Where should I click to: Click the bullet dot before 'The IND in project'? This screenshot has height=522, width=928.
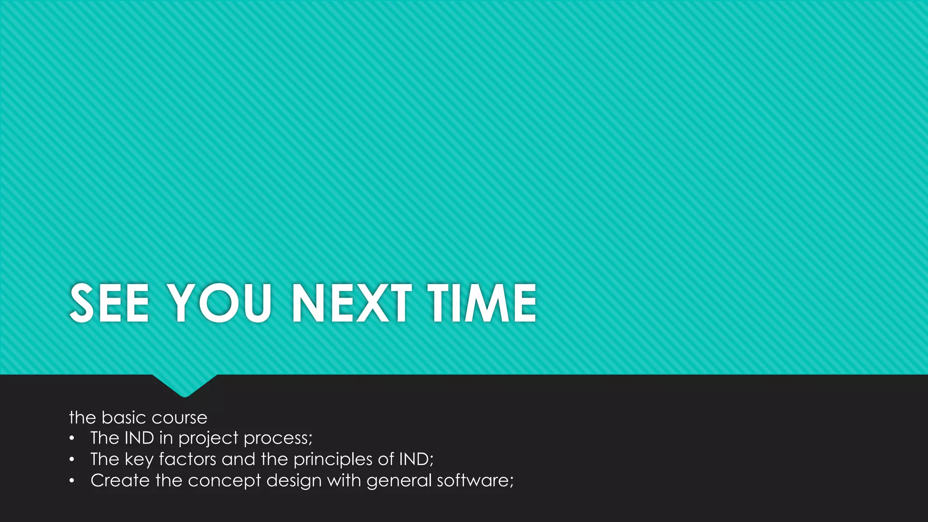[x=72, y=438]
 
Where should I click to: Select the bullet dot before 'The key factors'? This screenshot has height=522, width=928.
[x=72, y=459]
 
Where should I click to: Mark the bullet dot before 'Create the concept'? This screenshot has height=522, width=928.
[x=72, y=481]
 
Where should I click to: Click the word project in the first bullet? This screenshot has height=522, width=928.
[x=208, y=438]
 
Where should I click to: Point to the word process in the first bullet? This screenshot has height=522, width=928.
[x=277, y=438]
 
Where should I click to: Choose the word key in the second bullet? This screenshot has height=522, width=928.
[x=139, y=459]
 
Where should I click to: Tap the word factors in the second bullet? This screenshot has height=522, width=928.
[x=188, y=459]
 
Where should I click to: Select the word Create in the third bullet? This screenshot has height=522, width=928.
[x=120, y=480]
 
